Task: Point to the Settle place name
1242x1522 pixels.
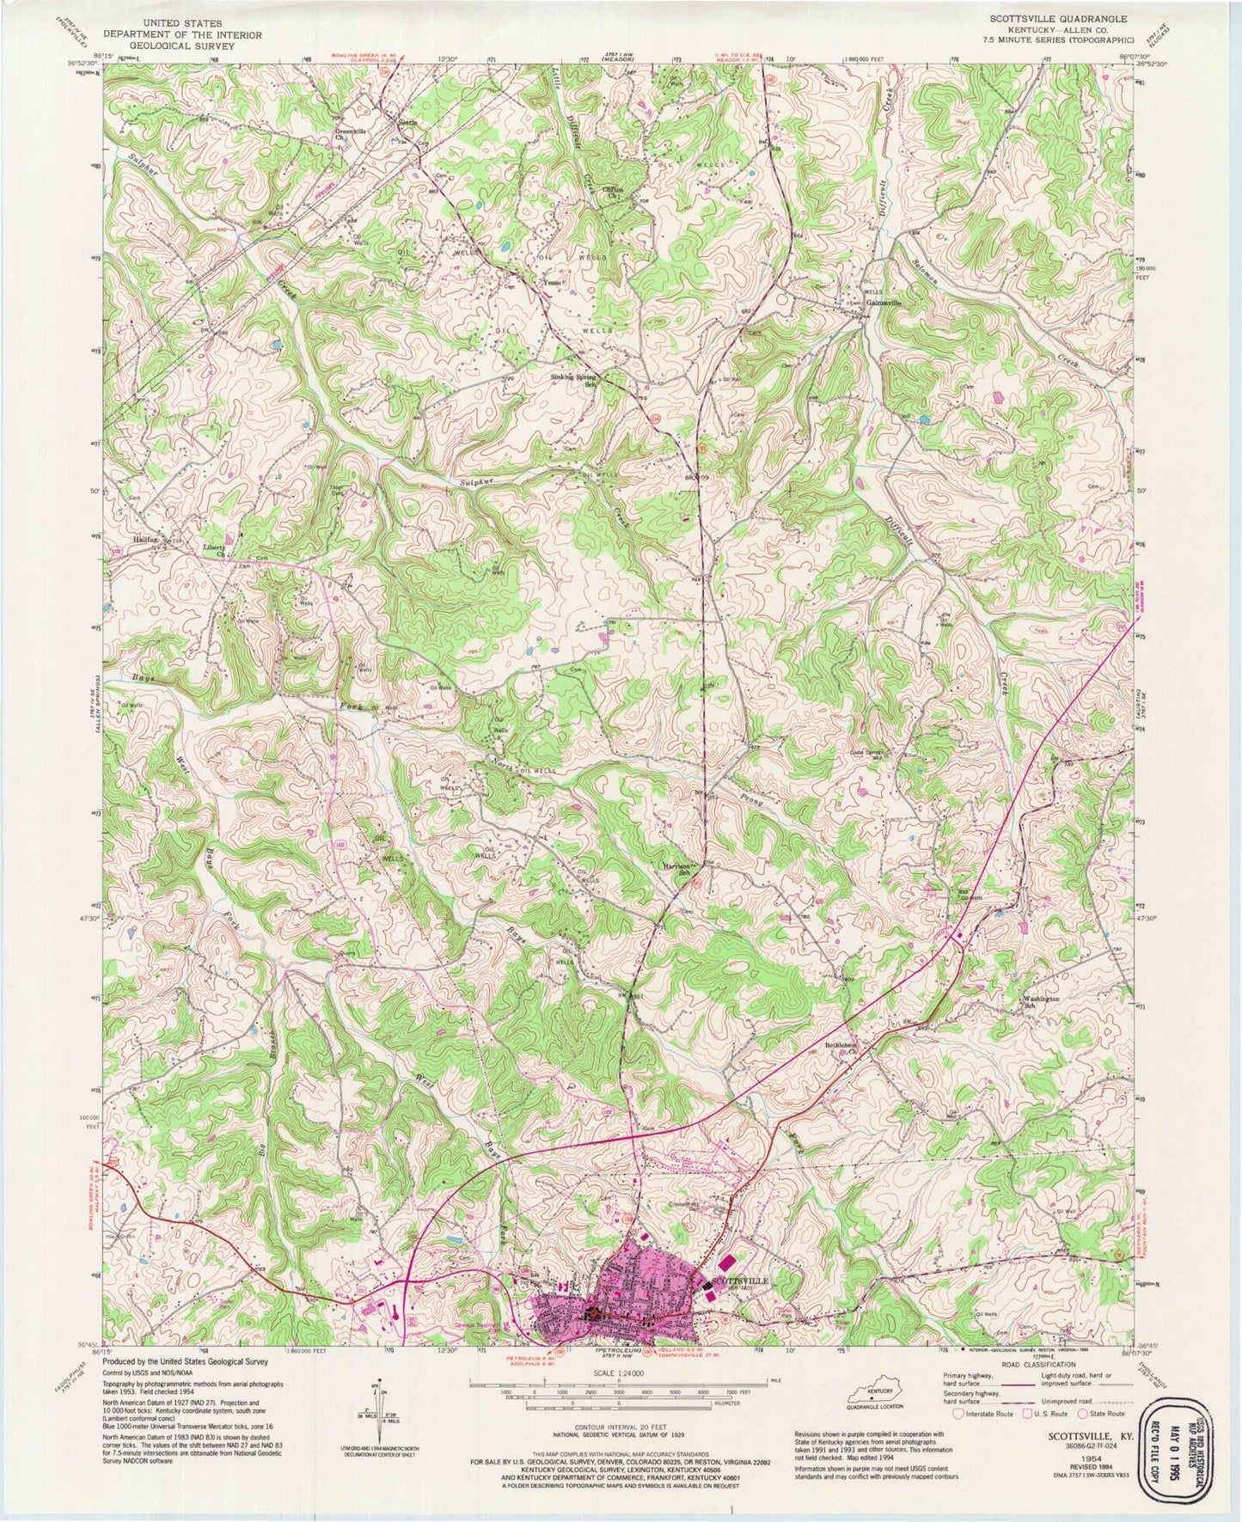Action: pos(407,123)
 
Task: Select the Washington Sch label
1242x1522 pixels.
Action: pos(1040,1002)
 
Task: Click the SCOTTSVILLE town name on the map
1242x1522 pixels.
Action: pos(741,1280)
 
